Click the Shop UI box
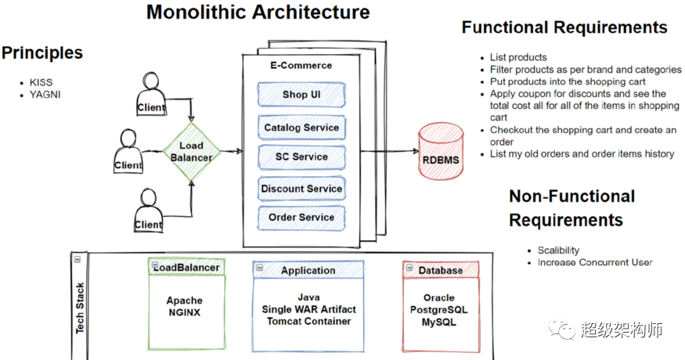point(301,95)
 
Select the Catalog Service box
point(301,128)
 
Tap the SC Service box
point(301,157)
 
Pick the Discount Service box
point(301,189)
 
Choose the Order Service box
point(301,217)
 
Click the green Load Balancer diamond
point(192,151)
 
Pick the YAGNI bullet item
point(45,95)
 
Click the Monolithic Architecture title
point(258,13)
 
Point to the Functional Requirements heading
point(564,27)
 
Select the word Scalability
point(558,250)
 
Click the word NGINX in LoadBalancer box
point(184,312)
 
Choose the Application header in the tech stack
point(308,270)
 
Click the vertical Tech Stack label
point(80,308)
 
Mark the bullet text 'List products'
point(518,57)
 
